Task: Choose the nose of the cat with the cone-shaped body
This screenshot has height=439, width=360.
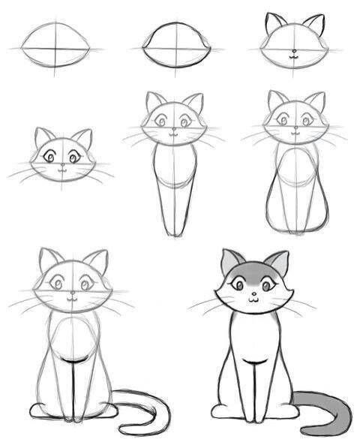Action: coord(174,129)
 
